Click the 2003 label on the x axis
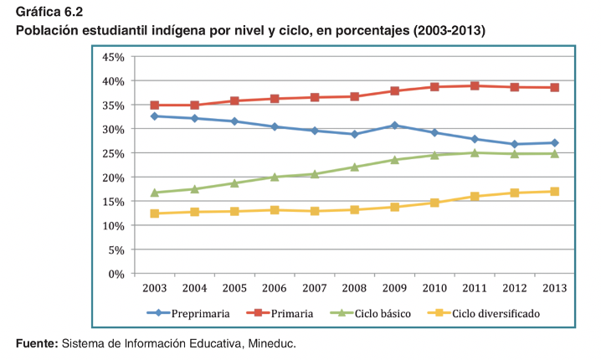click(x=154, y=288)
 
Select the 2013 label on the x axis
click(x=554, y=288)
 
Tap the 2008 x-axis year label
click(x=354, y=288)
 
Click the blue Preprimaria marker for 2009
click(x=394, y=126)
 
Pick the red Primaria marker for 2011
click(x=475, y=85)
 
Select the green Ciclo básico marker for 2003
click(x=154, y=193)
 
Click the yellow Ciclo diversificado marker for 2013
click(x=554, y=192)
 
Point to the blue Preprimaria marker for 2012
click(x=514, y=144)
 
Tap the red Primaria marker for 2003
click(x=154, y=105)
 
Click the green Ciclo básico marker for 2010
click(x=434, y=155)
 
